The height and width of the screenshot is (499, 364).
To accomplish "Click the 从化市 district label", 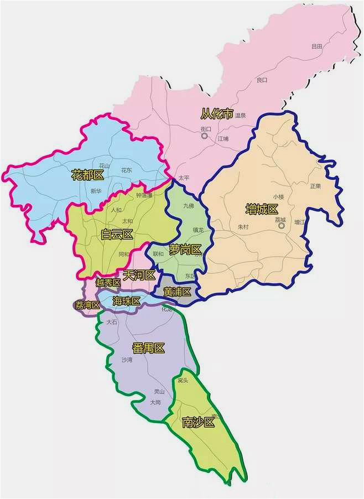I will click(217, 114).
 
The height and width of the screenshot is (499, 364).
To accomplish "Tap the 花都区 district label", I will click(87, 176).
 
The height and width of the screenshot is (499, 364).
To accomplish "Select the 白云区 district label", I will click(117, 235).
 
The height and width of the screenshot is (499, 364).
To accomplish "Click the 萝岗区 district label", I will click(185, 250).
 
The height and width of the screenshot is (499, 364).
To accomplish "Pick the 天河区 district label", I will click(139, 275).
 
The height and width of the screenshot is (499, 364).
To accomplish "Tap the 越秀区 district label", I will click(108, 283).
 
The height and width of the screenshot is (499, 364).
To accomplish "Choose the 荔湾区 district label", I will click(87, 305).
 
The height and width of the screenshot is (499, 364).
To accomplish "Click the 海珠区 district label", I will click(127, 301).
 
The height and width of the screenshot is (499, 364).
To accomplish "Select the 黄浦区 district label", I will click(177, 292).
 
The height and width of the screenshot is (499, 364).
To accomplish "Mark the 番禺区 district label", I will click(148, 348).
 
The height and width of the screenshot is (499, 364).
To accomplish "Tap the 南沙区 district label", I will click(197, 423).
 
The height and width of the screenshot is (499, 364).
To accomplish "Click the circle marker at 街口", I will click(204, 136).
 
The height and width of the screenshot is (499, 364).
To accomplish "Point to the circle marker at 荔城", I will click(281, 226).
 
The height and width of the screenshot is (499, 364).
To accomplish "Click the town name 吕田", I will click(316, 46).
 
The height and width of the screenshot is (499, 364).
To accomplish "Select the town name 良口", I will click(262, 80).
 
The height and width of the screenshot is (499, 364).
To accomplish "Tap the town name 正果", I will click(315, 186).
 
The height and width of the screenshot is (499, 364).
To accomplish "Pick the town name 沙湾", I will click(127, 360).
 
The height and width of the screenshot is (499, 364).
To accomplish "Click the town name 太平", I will click(184, 178).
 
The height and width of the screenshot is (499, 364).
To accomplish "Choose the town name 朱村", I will click(243, 227).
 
